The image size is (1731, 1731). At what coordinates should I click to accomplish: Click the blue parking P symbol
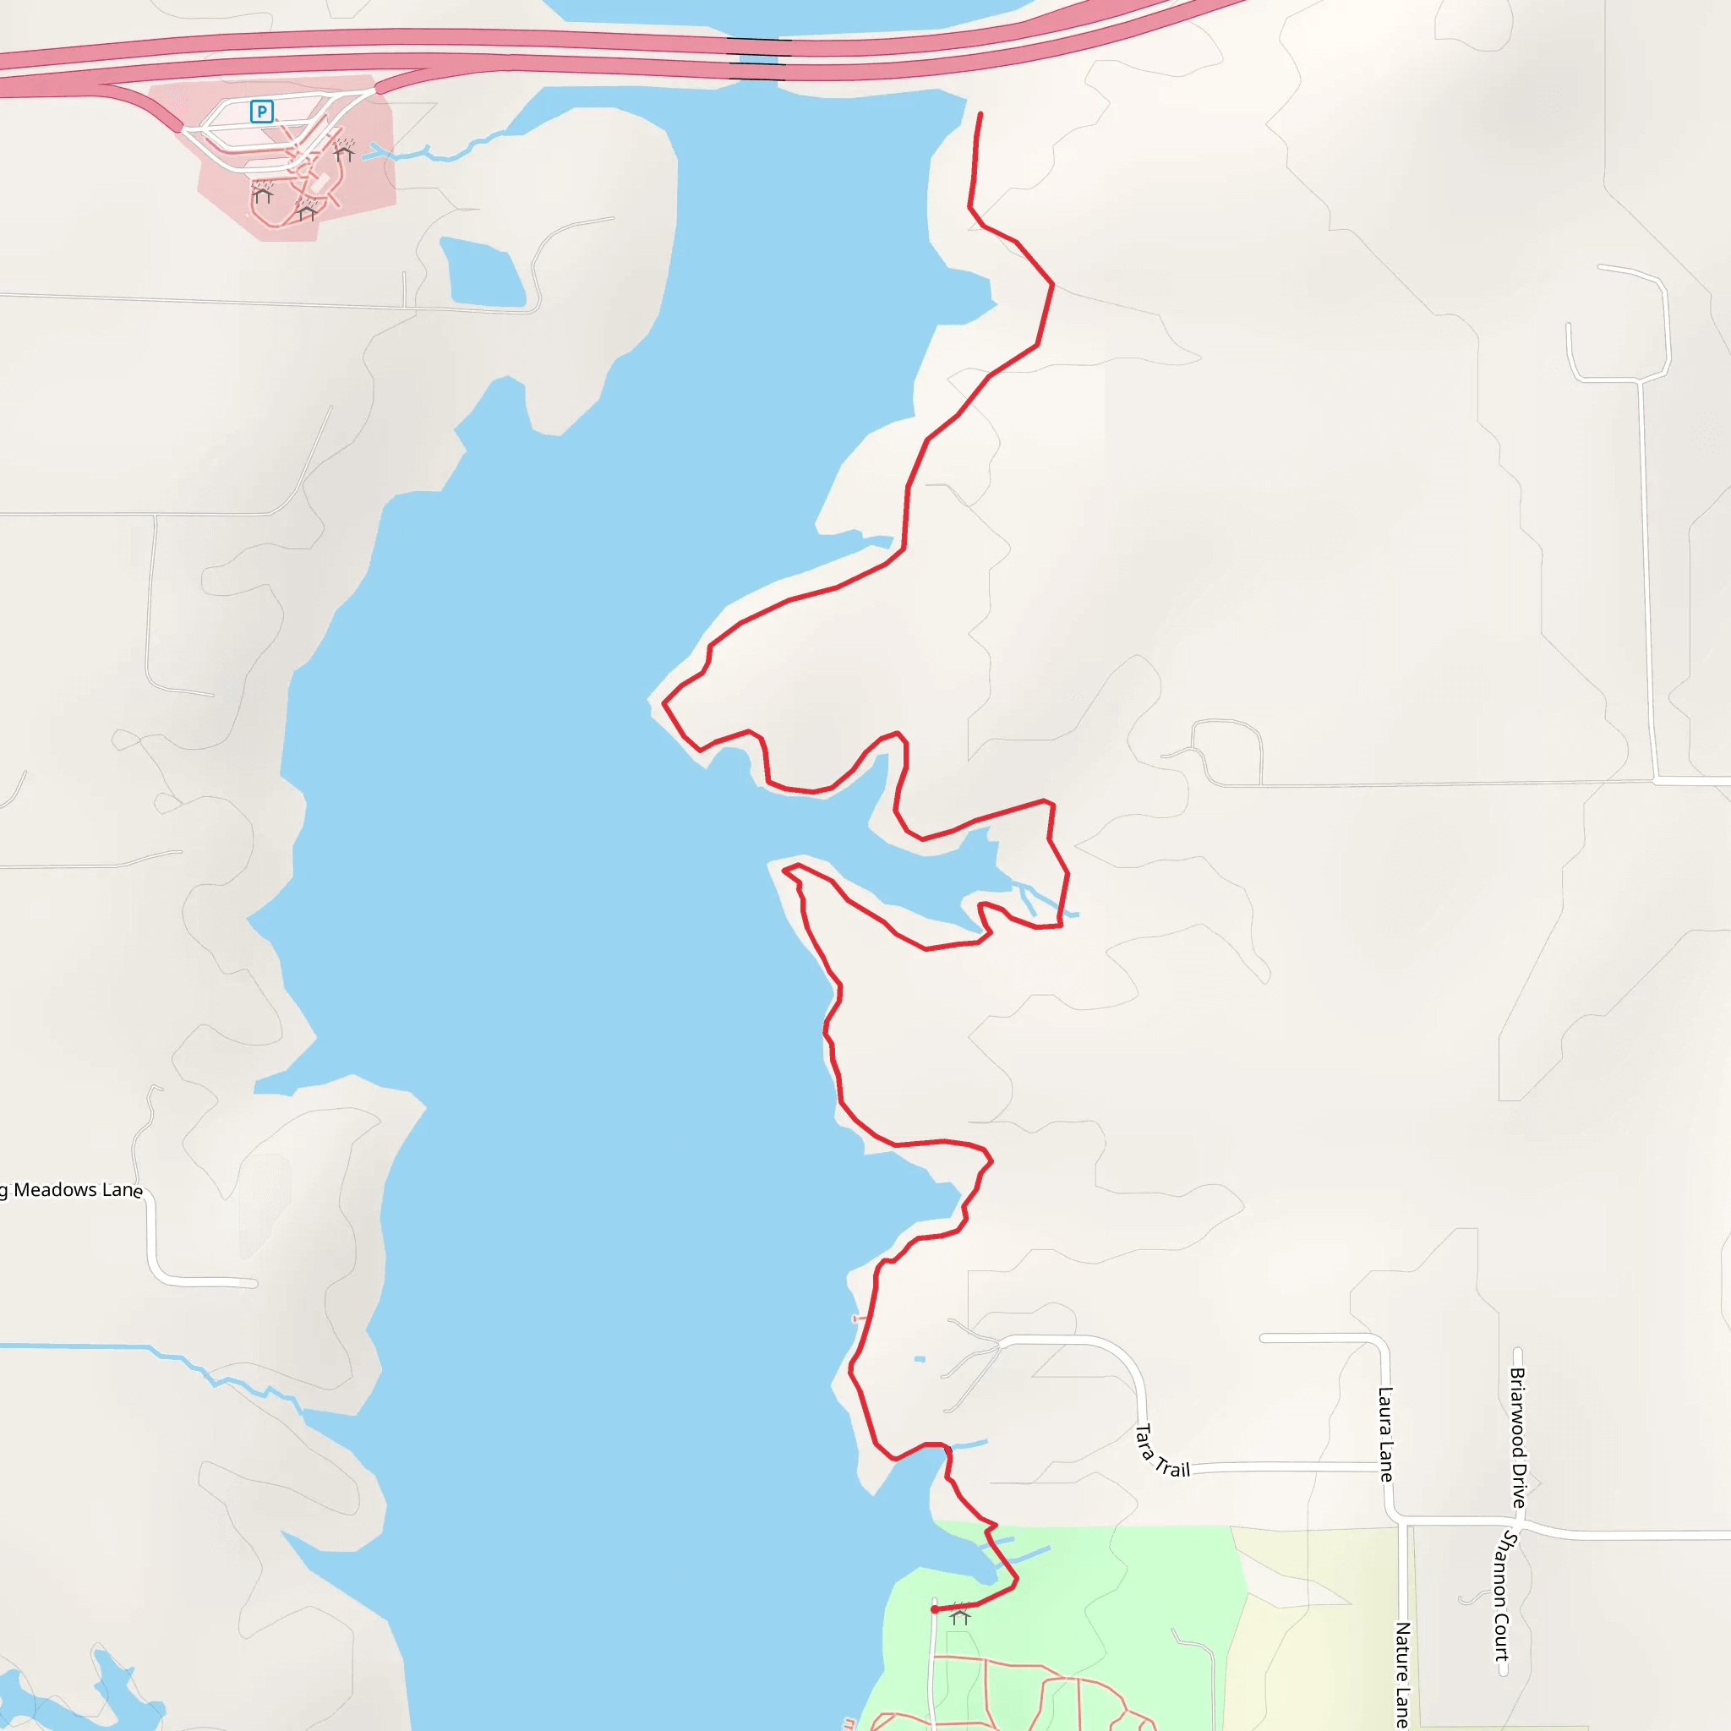click(x=262, y=111)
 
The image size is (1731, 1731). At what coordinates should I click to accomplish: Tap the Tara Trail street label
click(x=1162, y=1451)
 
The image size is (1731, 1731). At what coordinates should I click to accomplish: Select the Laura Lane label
click(x=1385, y=1434)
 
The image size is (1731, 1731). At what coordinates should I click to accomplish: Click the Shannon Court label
click(x=1505, y=1595)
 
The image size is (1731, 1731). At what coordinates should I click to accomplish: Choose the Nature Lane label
click(x=1403, y=1674)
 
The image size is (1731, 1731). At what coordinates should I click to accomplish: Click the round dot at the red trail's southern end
click(x=935, y=1610)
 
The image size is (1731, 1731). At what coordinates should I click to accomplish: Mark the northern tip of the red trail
click(x=980, y=115)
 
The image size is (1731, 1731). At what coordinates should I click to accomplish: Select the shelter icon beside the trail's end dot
click(x=960, y=1616)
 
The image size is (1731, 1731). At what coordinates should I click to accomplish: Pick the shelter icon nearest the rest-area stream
click(x=344, y=152)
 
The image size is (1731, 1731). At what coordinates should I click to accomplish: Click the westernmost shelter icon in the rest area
click(x=263, y=194)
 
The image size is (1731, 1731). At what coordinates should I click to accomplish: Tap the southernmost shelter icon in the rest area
click(x=307, y=212)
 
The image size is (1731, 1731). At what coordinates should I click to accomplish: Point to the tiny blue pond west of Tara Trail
click(x=920, y=1359)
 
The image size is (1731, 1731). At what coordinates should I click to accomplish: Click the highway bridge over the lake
click(x=758, y=60)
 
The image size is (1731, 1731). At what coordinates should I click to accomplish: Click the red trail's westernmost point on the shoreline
click(x=663, y=703)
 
